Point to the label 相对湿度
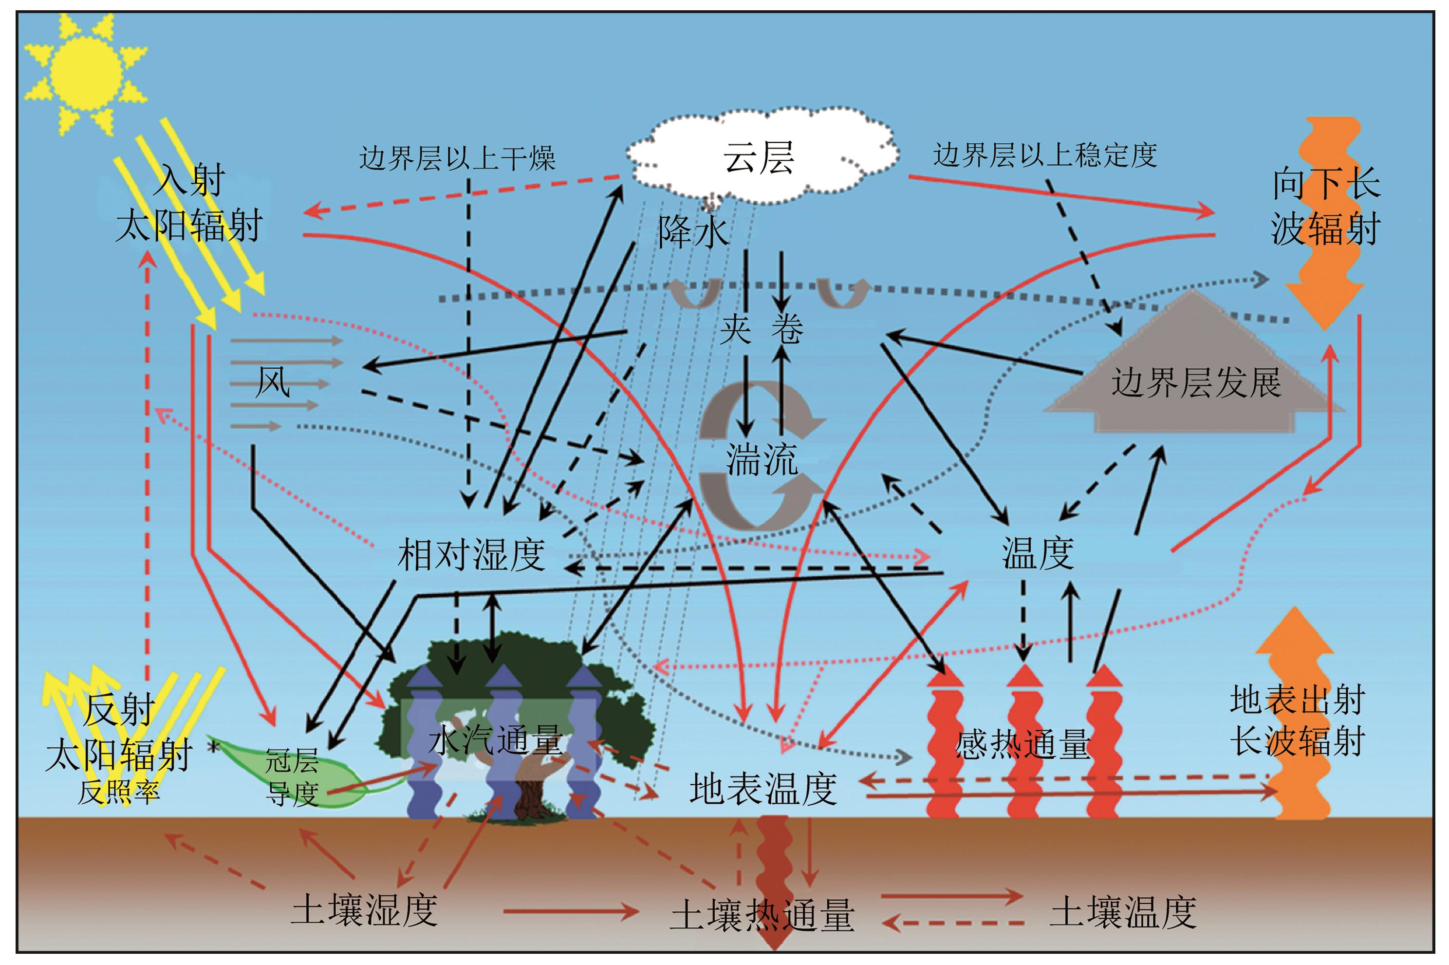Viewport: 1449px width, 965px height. (x=471, y=554)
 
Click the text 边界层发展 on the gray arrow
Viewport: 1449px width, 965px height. (x=1196, y=383)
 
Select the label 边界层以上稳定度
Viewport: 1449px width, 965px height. (x=1045, y=155)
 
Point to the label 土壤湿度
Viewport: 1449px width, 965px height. (x=364, y=909)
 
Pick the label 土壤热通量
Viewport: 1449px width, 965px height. (x=762, y=915)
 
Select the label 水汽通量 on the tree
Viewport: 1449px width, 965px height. (x=496, y=739)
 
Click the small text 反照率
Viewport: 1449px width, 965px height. (x=119, y=793)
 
